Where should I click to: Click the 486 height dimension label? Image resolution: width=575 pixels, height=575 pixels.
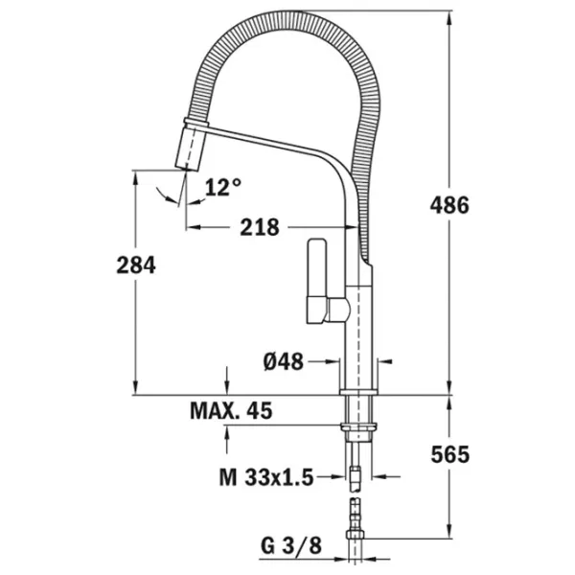pos(449,205)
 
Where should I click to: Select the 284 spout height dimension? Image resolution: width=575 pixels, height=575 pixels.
pos(136,265)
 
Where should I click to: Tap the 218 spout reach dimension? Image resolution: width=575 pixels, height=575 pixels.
pos(260,227)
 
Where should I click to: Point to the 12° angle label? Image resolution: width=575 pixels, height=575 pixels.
pos(223,187)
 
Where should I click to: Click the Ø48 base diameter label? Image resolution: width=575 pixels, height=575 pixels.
pos(284,362)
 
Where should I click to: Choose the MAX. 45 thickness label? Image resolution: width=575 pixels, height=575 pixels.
pos(231,411)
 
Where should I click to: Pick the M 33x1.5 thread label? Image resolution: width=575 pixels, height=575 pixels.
pos(266,477)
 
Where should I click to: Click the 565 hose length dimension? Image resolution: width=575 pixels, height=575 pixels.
pos(450,454)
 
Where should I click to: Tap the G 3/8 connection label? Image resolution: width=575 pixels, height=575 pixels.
pos(291,545)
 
